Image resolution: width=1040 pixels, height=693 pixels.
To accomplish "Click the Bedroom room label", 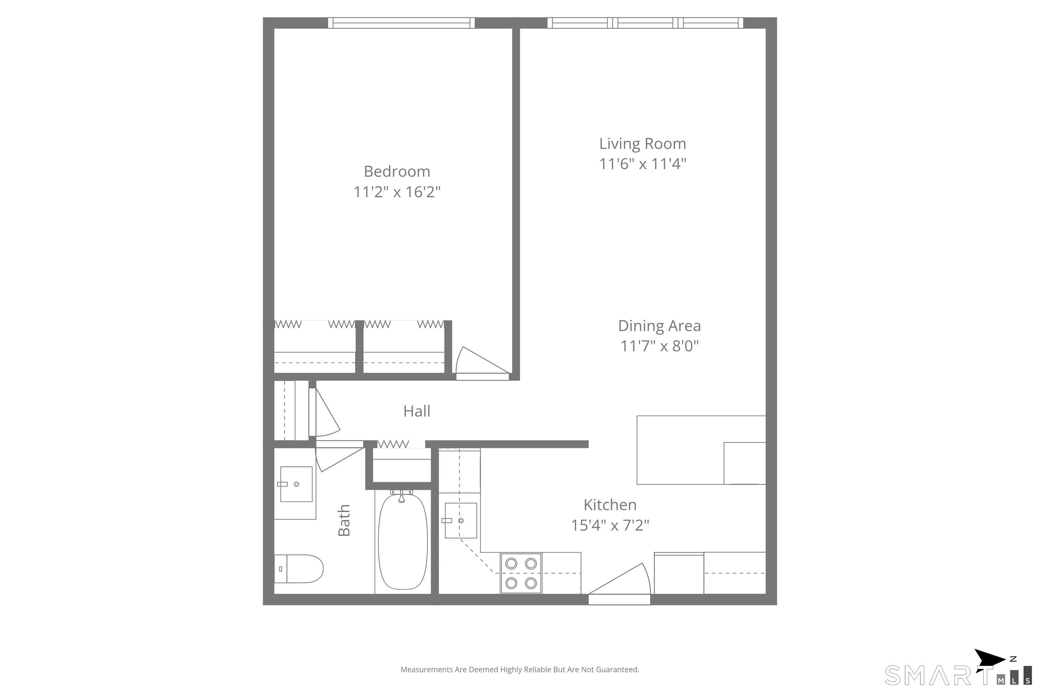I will pos(397,172).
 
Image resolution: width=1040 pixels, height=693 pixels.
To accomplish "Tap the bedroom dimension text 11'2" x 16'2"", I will pos(397,192).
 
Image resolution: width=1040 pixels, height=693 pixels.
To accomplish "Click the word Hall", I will pos(416,411).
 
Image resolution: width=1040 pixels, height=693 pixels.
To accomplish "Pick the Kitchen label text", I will pos(610,505).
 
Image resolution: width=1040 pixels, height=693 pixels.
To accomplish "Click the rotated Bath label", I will pos(344,520).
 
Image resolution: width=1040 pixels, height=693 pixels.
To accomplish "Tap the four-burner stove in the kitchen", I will pos(521,573).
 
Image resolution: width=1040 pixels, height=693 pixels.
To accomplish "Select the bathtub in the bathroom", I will pos(403,542).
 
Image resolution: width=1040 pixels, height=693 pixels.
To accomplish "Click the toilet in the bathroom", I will pos(299,569).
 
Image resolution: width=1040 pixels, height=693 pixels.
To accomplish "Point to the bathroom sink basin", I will pos(296,484).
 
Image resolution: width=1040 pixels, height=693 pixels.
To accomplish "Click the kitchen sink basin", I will pos(460,521).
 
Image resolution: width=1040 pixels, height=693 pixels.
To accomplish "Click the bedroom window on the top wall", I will pos(401,23).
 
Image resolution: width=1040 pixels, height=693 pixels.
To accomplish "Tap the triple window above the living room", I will pos(645,23).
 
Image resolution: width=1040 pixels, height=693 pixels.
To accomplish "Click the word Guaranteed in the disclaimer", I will pos(617,670).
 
